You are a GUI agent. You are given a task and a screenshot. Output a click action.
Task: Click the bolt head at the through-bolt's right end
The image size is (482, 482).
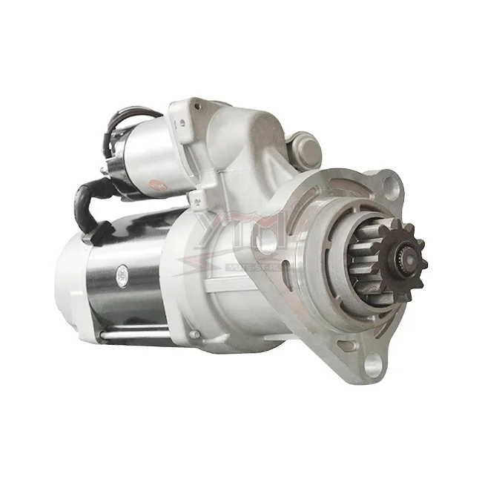[194, 335]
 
